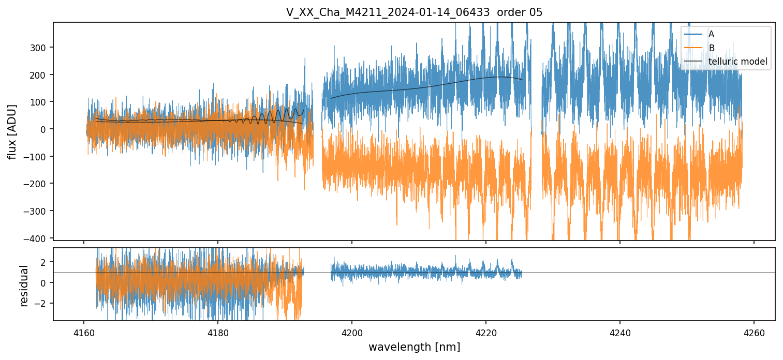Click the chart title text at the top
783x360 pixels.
[414, 12]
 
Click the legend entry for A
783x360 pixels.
[711, 34]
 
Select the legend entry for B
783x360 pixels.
[711, 48]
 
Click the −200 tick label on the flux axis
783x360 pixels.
[39, 184]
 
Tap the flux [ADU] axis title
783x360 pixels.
[12, 131]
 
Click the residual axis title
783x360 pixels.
[24, 286]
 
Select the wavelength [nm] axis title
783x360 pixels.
[414, 347]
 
